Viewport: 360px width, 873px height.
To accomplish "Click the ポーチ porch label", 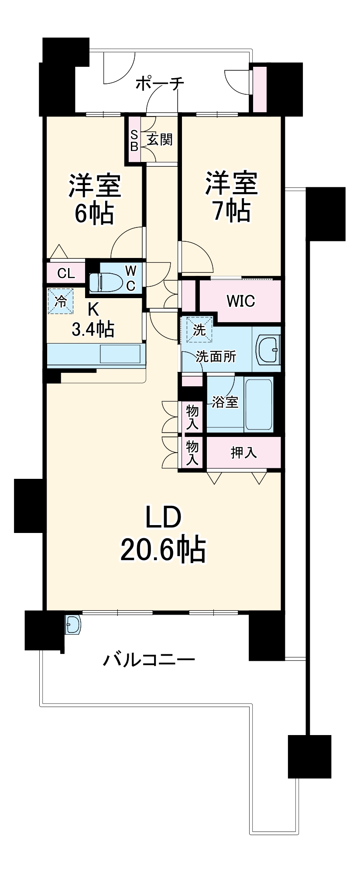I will click(x=159, y=83).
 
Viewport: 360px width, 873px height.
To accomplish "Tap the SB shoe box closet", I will click(x=134, y=140).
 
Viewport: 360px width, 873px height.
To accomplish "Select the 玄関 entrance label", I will click(x=160, y=140).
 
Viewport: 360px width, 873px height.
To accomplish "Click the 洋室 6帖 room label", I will click(x=94, y=199).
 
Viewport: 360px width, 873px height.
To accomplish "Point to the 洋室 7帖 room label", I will click(x=232, y=197).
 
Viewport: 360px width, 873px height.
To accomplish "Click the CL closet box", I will click(x=66, y=274).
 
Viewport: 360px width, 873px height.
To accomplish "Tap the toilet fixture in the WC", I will click(x=105, y=282).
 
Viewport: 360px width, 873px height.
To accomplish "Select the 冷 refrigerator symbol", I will click(x=61, y=301).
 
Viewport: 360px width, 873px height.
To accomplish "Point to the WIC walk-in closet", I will click(x=240, y=301).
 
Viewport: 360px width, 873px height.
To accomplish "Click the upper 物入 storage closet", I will click(x=192, y=416).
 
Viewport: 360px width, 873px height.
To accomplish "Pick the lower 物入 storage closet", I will click(x=192, y=453).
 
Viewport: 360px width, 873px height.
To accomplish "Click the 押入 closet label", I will click(x=243, y=453).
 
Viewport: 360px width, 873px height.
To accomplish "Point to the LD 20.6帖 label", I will click(x=163, y=534).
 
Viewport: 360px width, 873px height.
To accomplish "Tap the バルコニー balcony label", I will click(x=148, y=660).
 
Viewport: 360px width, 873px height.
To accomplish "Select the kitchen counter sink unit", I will click(x=96, y=354).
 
